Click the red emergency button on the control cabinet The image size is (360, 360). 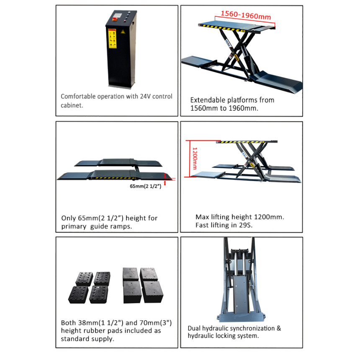click(x=114, y=19)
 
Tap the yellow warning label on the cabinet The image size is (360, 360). click(x=112, y=39)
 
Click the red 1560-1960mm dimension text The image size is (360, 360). click(x=246, y=15)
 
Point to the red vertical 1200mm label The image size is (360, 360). click(x=195, y=158)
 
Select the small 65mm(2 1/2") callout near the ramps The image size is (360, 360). click(x=146, y=186)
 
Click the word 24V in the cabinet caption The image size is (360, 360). click(x=145, y=96)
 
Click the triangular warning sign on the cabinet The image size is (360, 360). click(x=123, y=32)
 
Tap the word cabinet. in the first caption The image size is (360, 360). click(x=72, y=105)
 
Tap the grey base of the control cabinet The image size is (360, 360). click(x=120, y=87)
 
